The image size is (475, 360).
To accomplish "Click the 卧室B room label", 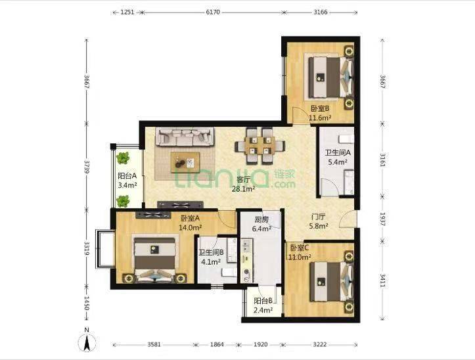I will [320, 109].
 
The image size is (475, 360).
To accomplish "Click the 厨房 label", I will [261, 221].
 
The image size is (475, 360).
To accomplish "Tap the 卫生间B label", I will [212, 252].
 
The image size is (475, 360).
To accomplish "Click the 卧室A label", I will [189, 219].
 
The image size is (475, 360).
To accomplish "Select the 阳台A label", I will [127, 176].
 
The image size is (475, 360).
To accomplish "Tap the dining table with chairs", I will [258, 145].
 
